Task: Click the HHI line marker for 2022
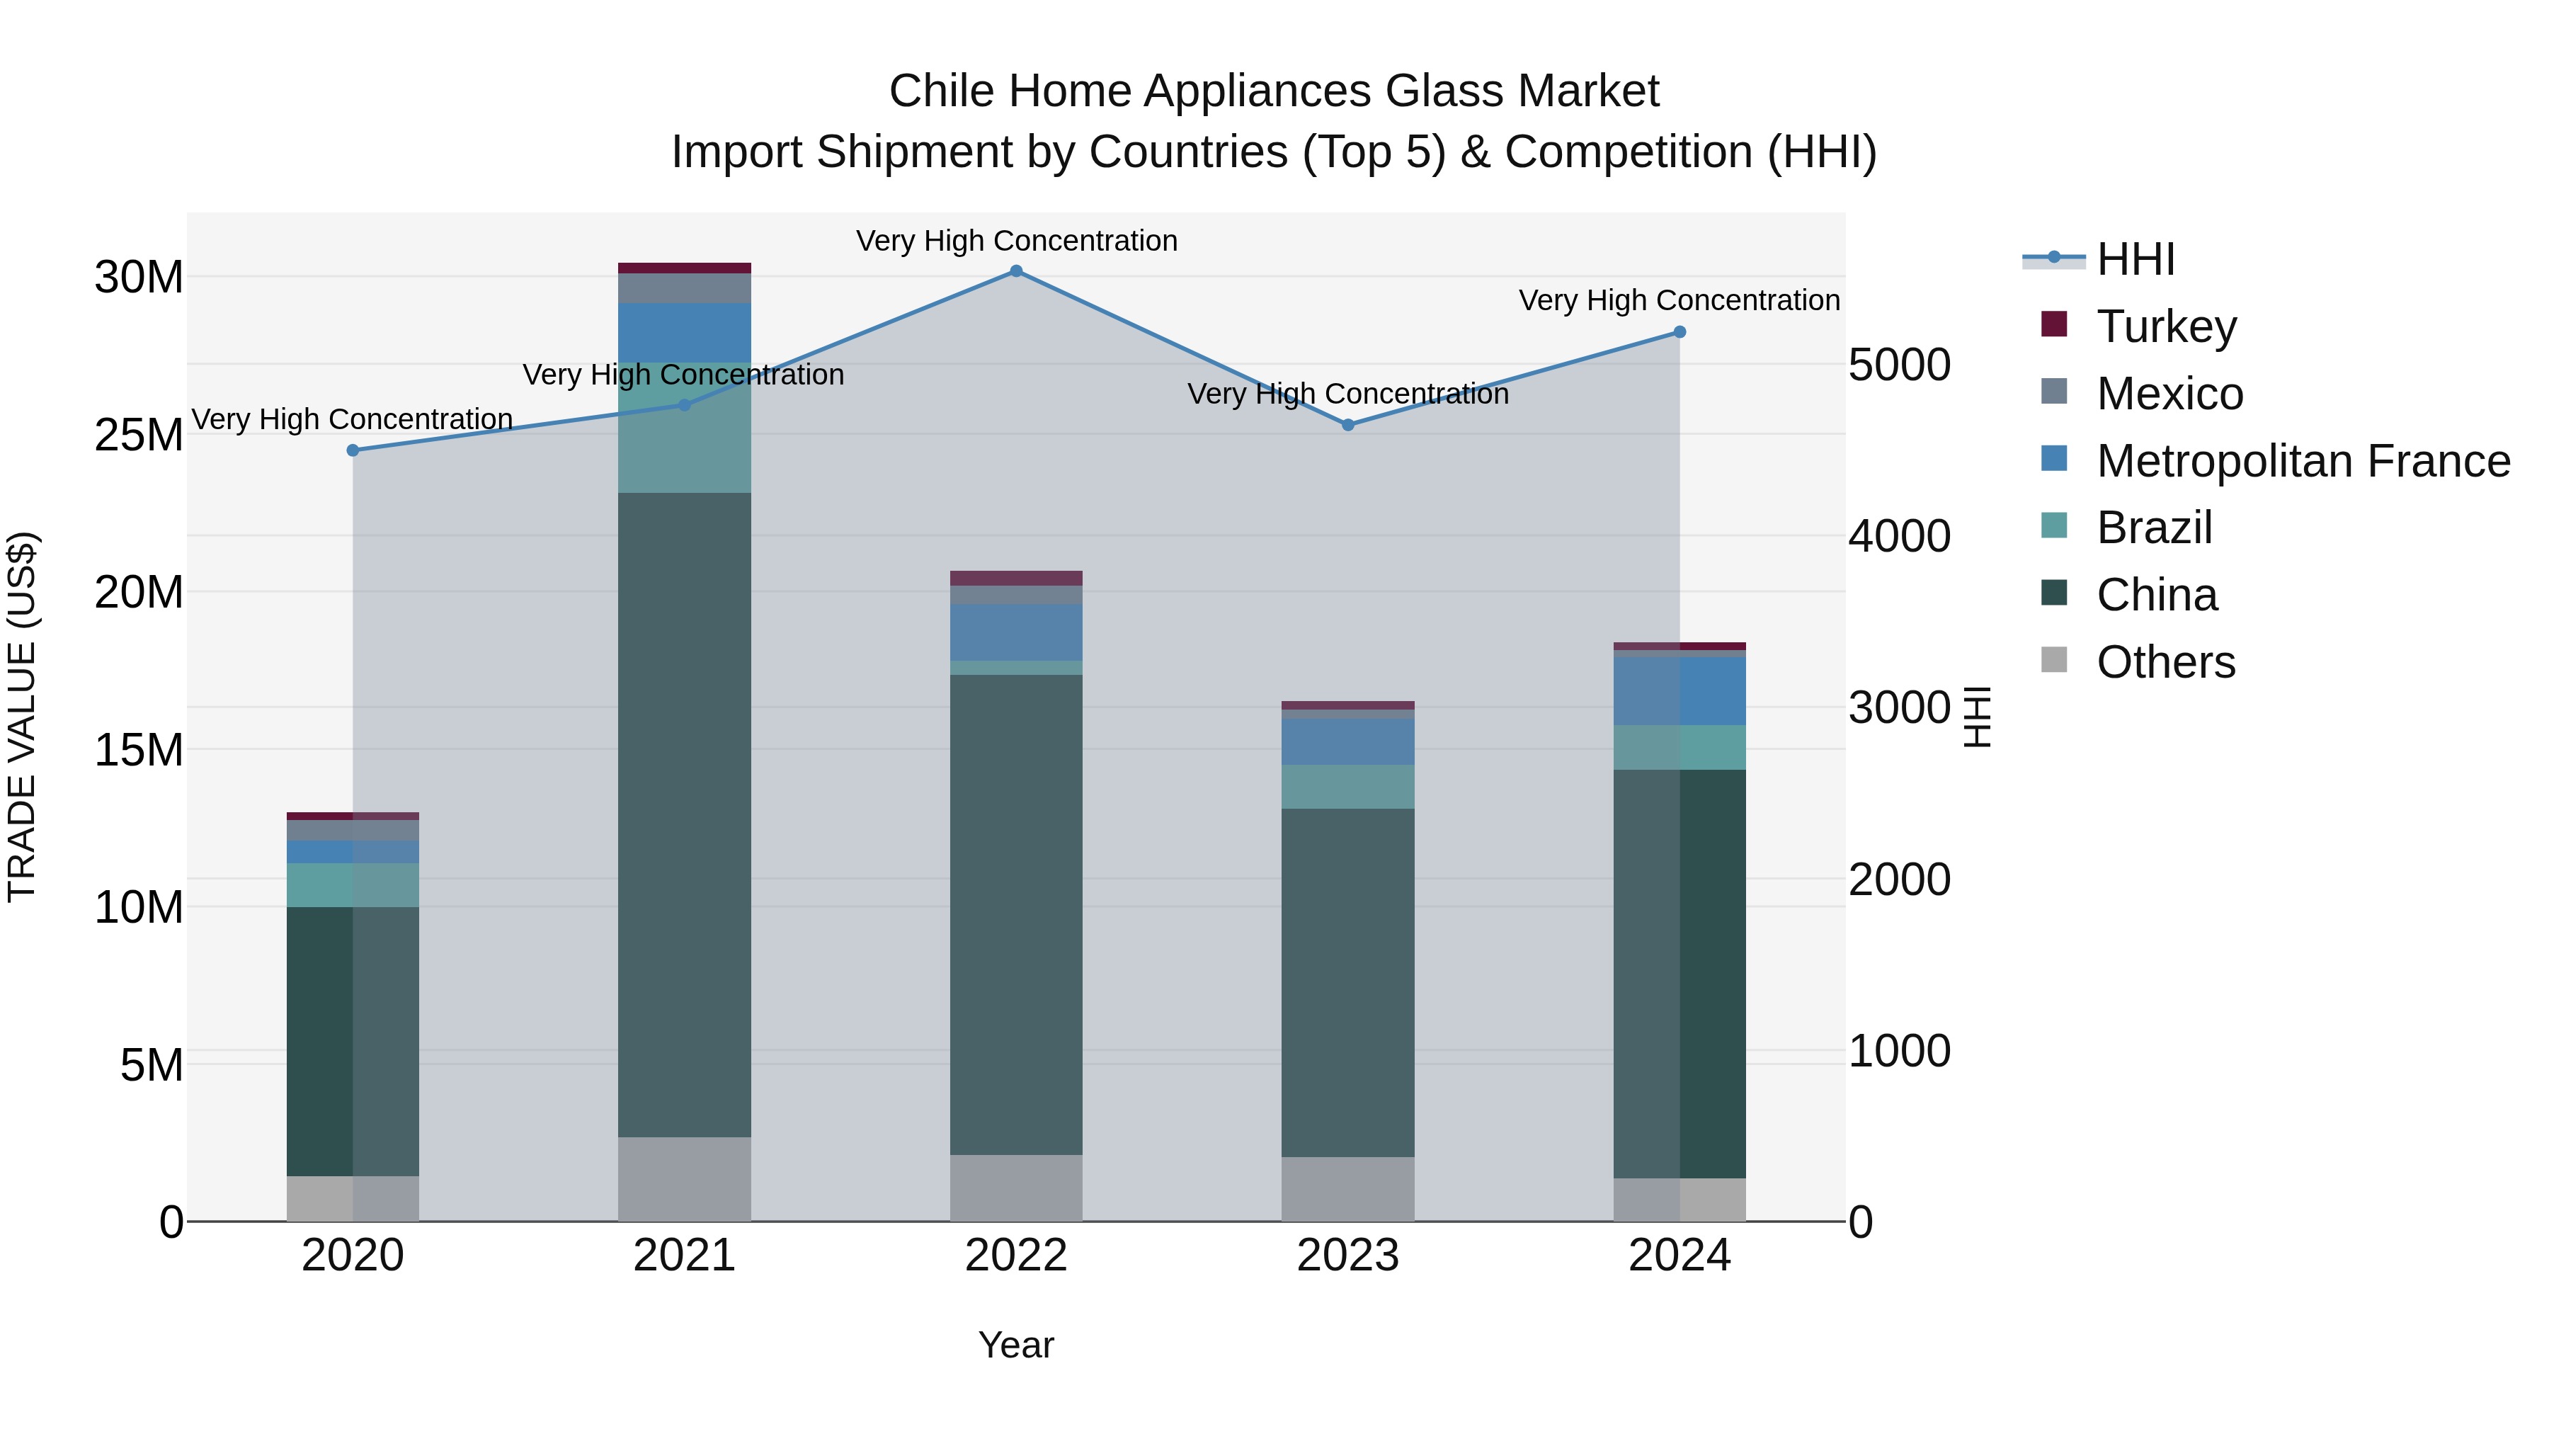1016,271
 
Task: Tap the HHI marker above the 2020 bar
353,450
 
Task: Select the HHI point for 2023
1347,425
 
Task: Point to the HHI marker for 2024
1680,333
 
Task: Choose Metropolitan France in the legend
2303,461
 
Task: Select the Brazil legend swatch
2054,525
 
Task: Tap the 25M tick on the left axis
139,435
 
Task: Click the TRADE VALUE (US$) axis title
22,717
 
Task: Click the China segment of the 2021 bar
684,812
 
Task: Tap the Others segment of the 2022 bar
1016,1188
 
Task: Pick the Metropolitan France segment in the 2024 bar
1680,690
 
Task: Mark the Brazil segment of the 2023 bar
1347,787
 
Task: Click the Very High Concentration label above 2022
1016,241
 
